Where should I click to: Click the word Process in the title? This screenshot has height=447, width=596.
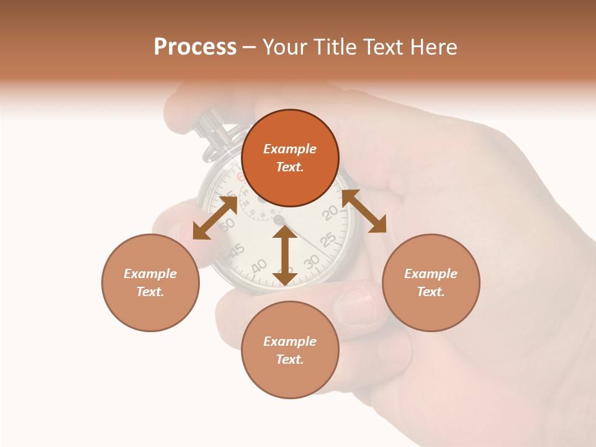195,47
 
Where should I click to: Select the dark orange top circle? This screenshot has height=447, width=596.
290,158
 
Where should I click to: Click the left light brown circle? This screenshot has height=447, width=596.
150,282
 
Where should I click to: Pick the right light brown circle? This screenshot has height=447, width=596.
431,282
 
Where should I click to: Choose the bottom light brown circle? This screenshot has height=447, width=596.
290,350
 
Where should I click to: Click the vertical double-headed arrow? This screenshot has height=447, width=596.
284,256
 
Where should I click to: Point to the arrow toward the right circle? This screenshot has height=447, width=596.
364,211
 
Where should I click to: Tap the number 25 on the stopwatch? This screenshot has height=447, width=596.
328,239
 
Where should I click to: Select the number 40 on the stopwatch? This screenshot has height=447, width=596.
260,265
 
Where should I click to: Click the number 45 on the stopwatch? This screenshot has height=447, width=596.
237,250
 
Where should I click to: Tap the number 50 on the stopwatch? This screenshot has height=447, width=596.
227,223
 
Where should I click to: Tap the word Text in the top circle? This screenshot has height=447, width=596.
289,168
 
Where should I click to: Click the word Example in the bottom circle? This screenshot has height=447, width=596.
290,341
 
